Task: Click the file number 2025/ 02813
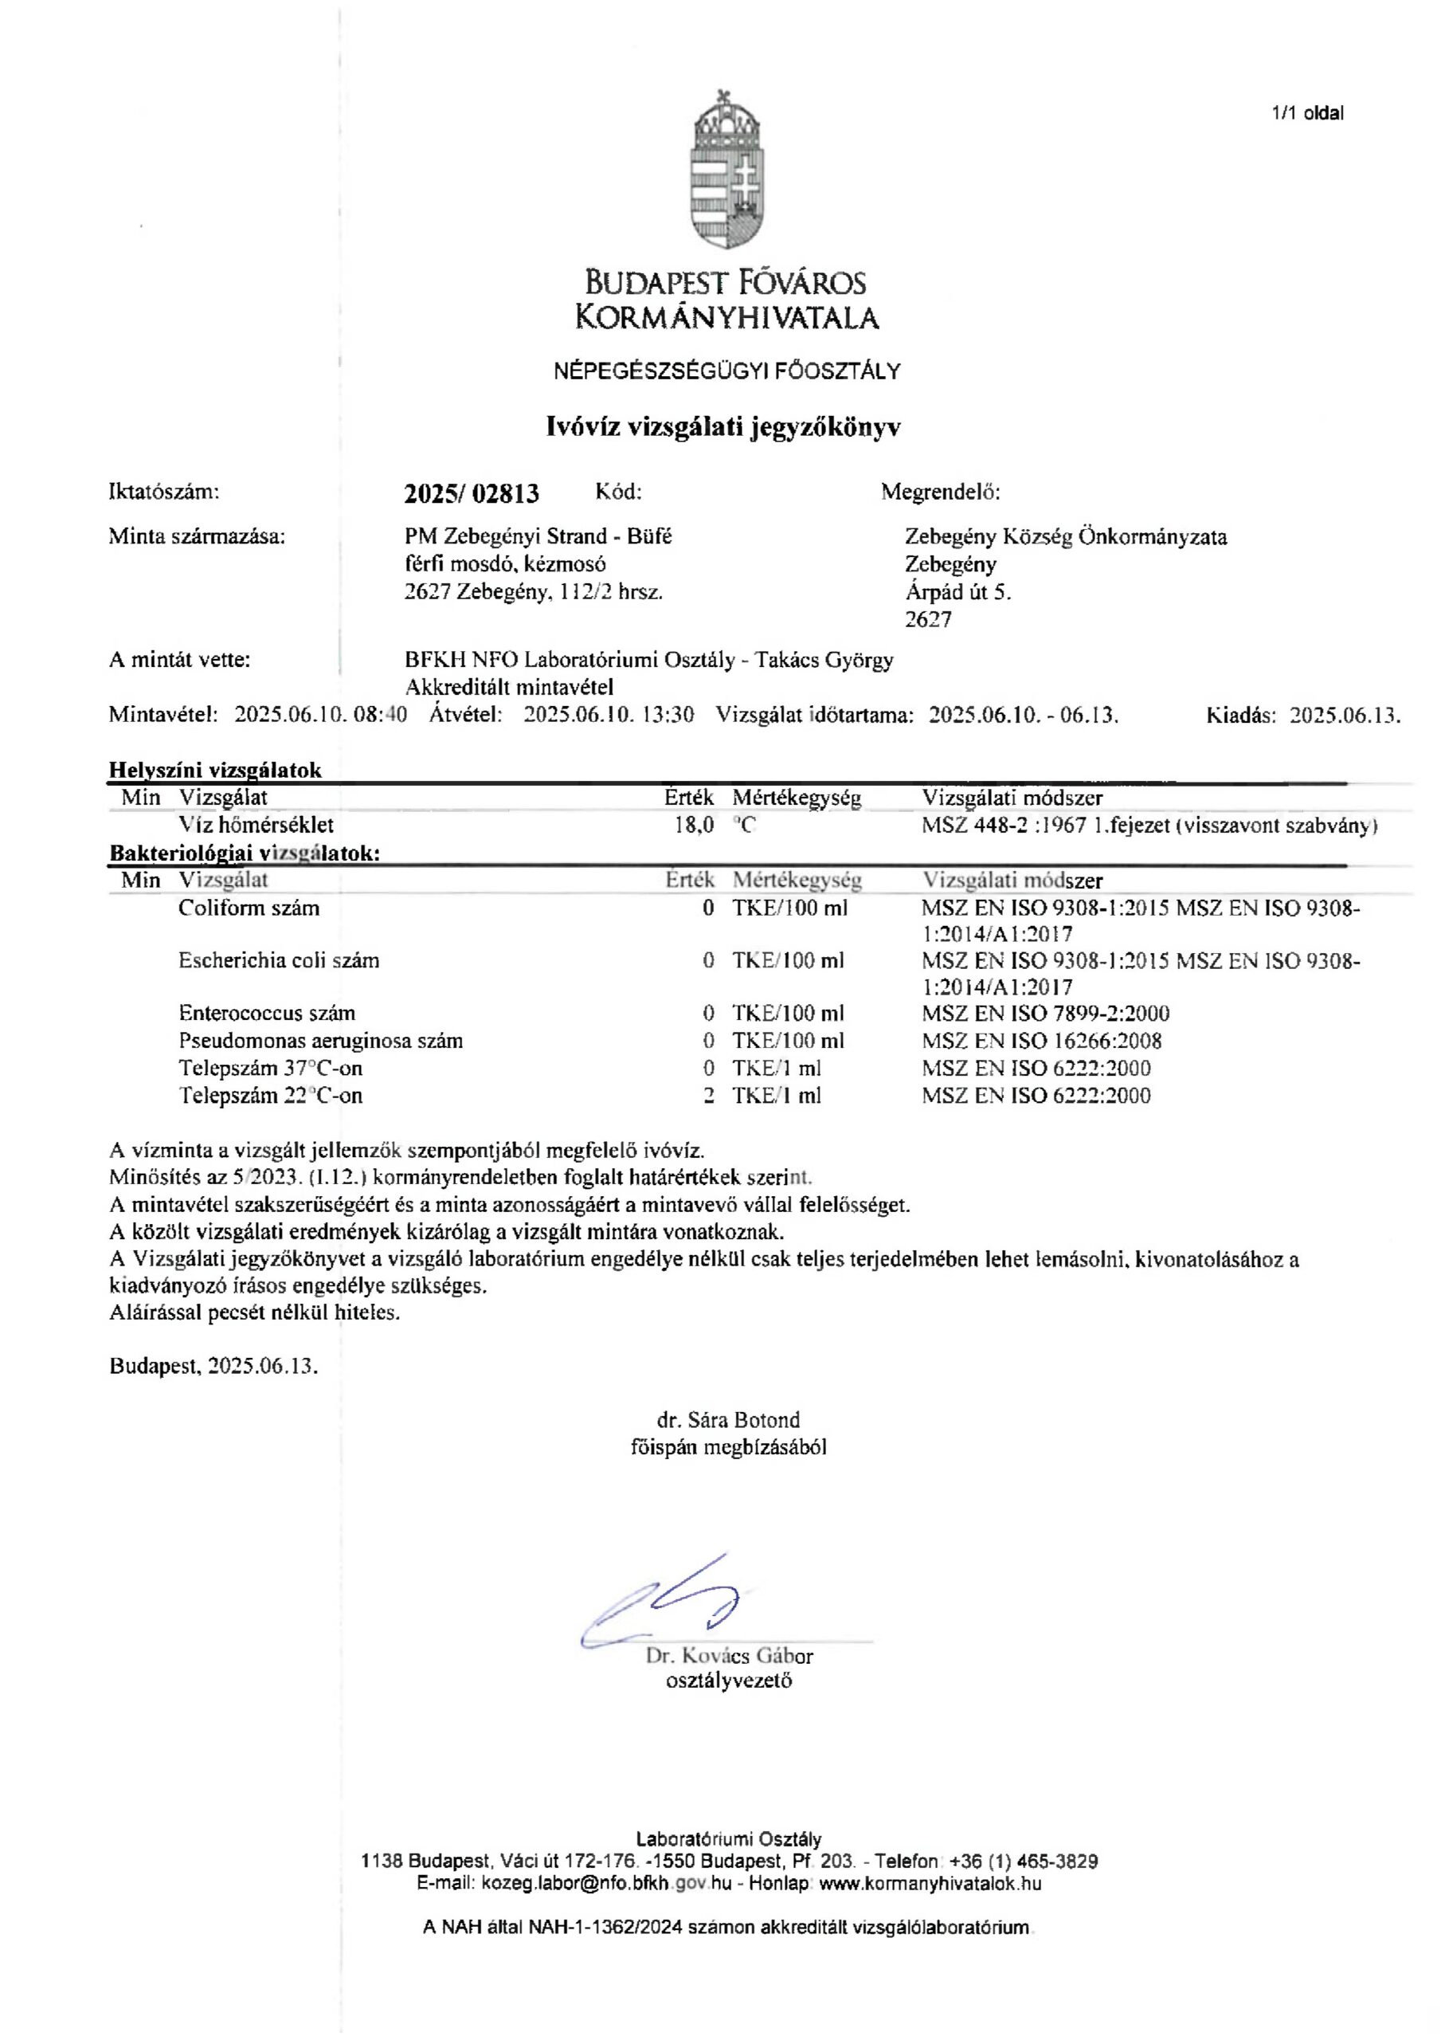[471, 493]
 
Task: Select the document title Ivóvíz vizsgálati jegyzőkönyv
[722, 427]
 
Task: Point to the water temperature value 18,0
[694, 825]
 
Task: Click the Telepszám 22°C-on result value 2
[708, 1096]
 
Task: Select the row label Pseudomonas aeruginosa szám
[321, 1041]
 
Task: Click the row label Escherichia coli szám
[279, 960]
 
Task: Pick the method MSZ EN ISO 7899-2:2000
[1046, 1013]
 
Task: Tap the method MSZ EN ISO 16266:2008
[1042, 1041]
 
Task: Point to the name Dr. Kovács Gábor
[730, 1656]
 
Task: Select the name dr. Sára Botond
[729, 1420]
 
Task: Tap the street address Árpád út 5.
[957, 592]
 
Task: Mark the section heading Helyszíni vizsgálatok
[215, 771]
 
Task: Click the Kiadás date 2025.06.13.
[1344, 716]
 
